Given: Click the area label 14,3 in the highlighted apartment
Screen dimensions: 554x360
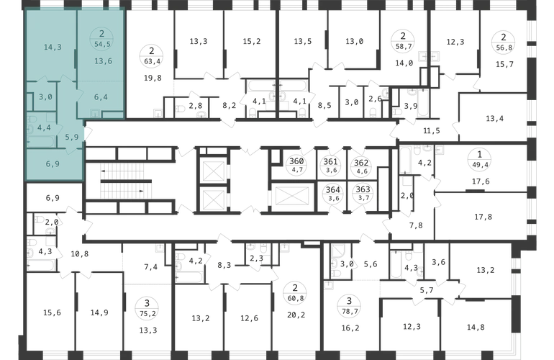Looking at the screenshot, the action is coord(53,47).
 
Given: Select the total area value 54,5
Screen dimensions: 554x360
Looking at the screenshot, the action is coord(102,44).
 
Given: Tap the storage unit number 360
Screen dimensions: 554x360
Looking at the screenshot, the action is coord(296,161).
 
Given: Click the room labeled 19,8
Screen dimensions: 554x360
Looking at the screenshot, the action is coord(153,78).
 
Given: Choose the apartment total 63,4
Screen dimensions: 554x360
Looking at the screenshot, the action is coord(153,61).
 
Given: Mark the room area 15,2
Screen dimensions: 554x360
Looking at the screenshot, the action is coord(252,41).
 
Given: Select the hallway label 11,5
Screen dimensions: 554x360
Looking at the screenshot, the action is coord(432,131).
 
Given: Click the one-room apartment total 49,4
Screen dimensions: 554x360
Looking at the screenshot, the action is coord(479,164).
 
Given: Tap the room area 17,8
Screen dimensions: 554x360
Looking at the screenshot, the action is coord(483,217).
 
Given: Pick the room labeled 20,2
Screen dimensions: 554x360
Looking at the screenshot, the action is coord(296,315).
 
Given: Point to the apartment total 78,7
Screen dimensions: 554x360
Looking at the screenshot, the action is coord(349,312).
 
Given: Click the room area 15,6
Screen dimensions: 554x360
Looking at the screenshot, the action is coord(52,312).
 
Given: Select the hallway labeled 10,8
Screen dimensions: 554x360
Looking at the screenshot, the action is coord(79,254).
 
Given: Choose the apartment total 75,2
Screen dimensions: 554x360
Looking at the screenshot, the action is coord(147,313).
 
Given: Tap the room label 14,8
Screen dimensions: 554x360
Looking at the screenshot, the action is coord(476,327).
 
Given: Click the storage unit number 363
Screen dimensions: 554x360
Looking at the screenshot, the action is coord(363,189).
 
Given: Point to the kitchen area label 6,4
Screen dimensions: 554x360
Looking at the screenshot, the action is coord(101,97).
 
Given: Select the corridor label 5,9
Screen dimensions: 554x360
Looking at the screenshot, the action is coord(72,137).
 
